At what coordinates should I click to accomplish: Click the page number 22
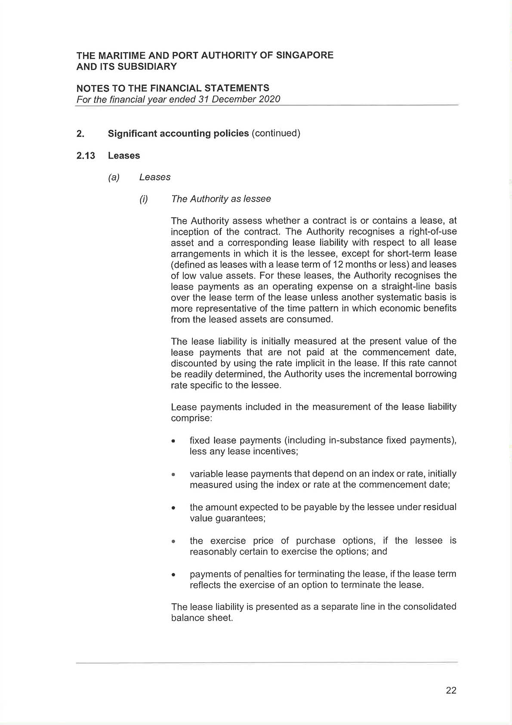(x=451, y=690)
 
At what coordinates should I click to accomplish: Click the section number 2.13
(x=86, y=156)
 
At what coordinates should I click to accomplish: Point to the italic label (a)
(x=114, y=177)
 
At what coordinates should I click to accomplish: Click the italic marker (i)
(x=144, y=199)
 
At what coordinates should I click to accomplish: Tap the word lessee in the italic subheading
(x=257, y=199)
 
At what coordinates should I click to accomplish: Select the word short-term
(x=409, y=253)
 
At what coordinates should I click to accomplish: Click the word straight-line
(x=410, y=286)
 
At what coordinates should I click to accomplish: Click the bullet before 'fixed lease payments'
(x=173, y=441)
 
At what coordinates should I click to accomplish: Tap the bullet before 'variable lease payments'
(x=173, y=475)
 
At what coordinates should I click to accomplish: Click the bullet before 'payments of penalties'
(x=173, y=575)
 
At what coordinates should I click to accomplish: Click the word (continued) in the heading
(x=276, y=133)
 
